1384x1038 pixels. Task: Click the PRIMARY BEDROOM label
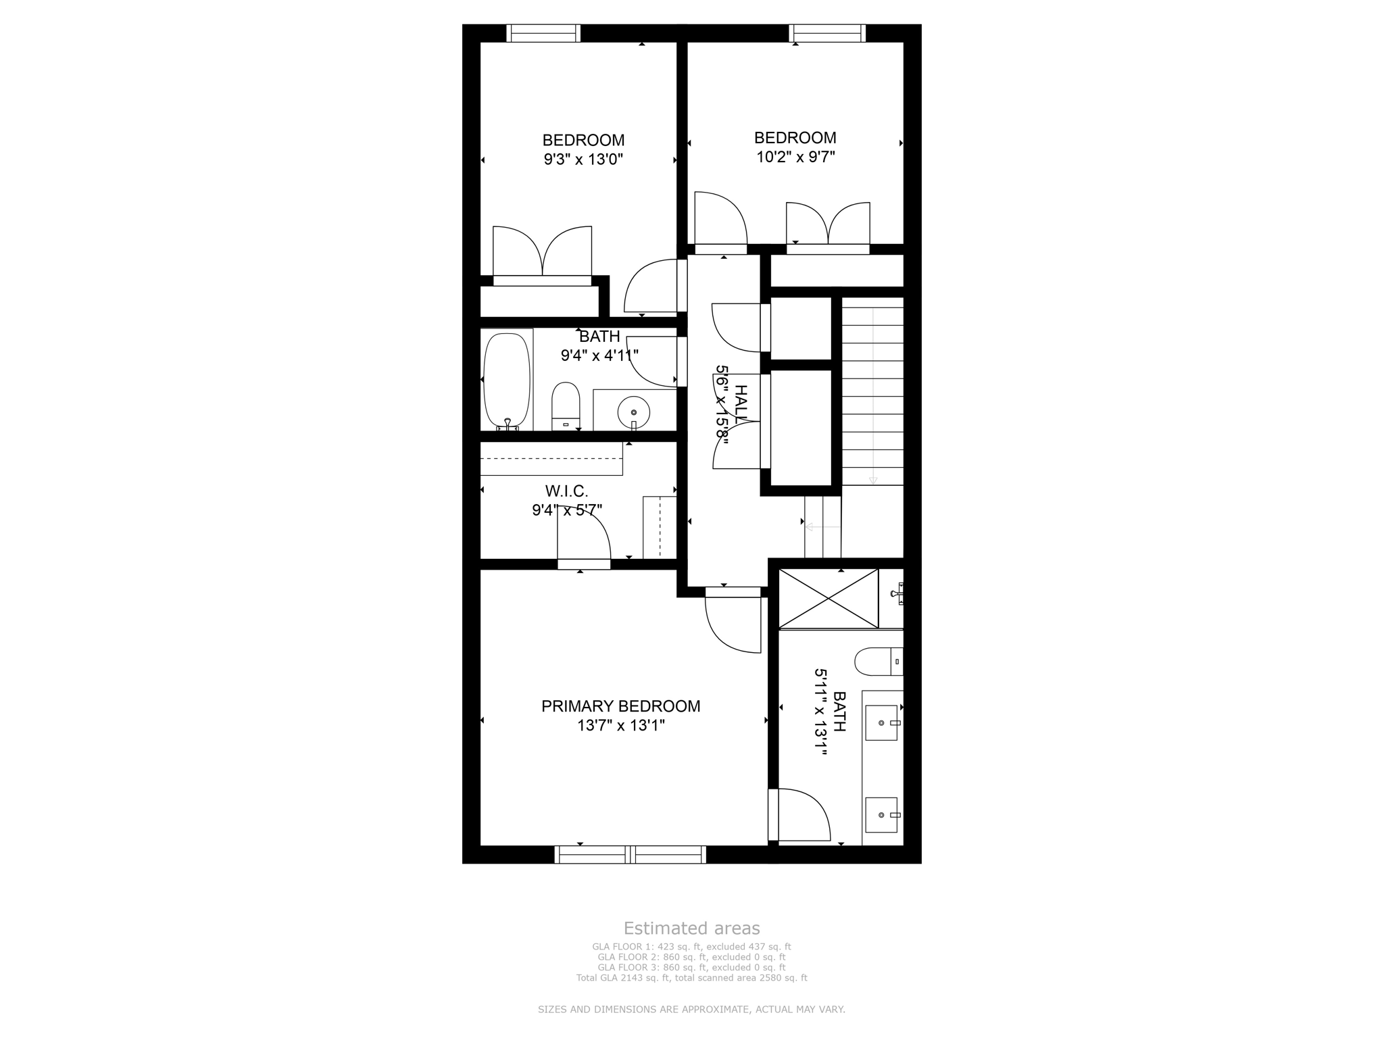pos(620,706)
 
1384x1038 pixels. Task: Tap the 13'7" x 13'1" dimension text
pos(620,726)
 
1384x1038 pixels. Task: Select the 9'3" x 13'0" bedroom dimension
pos(583,159)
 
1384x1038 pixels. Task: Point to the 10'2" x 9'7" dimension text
pos(795,157)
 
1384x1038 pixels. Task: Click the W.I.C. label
pos(566,491)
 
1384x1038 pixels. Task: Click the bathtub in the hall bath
pos(507,380)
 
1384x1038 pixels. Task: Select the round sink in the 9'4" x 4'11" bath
pos(633,412)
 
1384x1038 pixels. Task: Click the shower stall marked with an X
pos(828,598)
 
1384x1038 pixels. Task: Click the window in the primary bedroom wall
pos(630,855)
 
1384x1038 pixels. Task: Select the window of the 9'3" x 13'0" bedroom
pos(543,33)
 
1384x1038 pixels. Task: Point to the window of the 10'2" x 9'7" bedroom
pos(827,33)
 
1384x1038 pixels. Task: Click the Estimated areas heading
pos(691,928)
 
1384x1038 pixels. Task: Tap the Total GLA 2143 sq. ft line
pos(691,978)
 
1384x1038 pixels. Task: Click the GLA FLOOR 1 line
pos(691,947)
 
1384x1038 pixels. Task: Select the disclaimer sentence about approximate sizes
pos(691,1010)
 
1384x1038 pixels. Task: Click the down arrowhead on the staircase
pos(872,480)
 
